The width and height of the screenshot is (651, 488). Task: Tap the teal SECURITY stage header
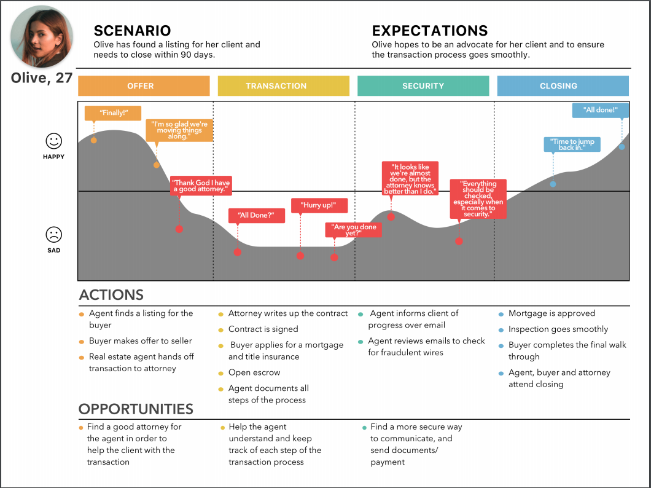point(423,86)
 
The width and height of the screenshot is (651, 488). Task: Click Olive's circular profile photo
point(42,36)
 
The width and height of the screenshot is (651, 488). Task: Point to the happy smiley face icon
point(54,141)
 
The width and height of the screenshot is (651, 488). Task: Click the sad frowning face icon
point(54,234)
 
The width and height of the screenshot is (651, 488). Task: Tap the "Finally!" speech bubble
point(112,113)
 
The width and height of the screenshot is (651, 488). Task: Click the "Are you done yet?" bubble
point(353,230)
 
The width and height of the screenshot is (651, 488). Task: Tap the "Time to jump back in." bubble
point(572,144)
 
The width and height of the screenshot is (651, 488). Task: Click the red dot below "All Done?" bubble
point(238,252)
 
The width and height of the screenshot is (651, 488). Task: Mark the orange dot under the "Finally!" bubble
point(94,140)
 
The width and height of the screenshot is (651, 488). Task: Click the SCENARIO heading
point(132,31)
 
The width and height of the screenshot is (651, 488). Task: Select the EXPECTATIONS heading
point(430,31)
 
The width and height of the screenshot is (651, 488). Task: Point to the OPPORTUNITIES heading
point(136,409)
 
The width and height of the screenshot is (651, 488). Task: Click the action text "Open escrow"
point(254,372)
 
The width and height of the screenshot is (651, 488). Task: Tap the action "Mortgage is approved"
point(552,313)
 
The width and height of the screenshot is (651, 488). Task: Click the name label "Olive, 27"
point(42,78)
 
